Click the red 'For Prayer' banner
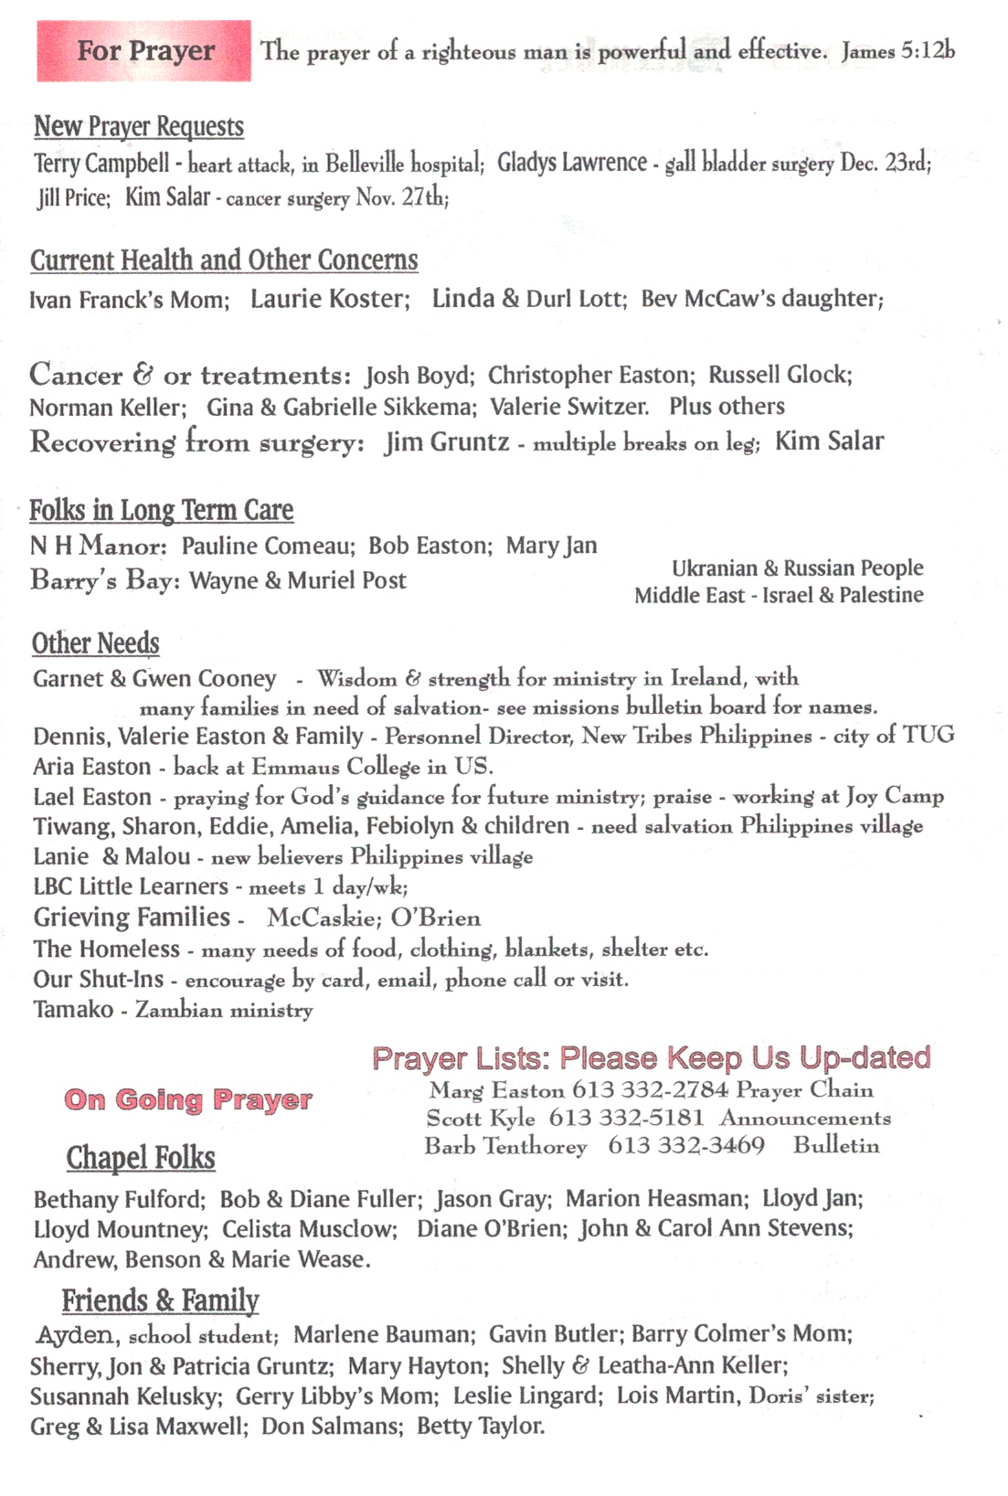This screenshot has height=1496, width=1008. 144,51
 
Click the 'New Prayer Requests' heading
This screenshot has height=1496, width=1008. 139,126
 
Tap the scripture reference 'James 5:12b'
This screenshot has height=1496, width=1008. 897,51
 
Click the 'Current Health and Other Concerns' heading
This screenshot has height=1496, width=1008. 224,260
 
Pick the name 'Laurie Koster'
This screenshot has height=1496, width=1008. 329,299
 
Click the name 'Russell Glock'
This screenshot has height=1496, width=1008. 779,375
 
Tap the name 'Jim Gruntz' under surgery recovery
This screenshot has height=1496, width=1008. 447,442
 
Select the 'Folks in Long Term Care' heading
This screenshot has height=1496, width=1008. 162,510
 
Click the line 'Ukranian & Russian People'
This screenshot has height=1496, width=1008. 797,568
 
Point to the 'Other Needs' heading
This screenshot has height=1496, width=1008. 96,643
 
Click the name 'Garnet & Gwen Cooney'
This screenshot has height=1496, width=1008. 154,679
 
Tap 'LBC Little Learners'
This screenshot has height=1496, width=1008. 131,886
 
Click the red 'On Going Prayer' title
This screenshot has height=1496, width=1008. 188,1099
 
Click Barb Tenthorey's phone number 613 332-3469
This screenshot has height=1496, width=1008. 686,1146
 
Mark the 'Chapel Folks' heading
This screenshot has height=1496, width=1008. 141,1158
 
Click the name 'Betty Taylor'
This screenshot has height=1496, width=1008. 481,1427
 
